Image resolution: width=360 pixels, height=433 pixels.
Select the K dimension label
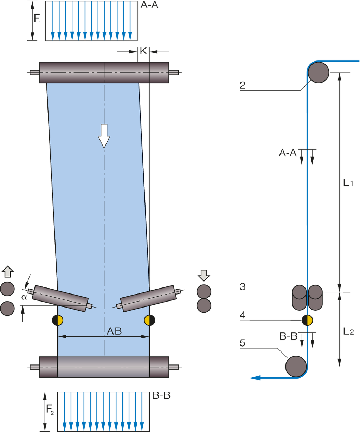tap(143, 51)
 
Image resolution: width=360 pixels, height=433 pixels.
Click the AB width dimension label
tap(114, 331)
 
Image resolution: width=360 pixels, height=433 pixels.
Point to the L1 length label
tap(348, 182)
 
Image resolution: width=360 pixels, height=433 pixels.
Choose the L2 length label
tap(348, 331)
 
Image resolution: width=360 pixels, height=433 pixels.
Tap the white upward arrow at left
tap(8, 272)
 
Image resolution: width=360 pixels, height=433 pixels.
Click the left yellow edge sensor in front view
tap(57, 320)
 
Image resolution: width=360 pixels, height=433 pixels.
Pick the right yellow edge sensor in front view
tap(150, 320)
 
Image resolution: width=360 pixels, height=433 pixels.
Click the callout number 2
tap(243, 85)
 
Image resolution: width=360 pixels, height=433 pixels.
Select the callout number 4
tap(243, 315)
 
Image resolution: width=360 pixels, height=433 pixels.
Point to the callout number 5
tap(243, 343)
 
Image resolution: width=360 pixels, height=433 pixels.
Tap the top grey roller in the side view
tap(318, 72)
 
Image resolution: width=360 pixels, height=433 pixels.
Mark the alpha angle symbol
tap(24, 297)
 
